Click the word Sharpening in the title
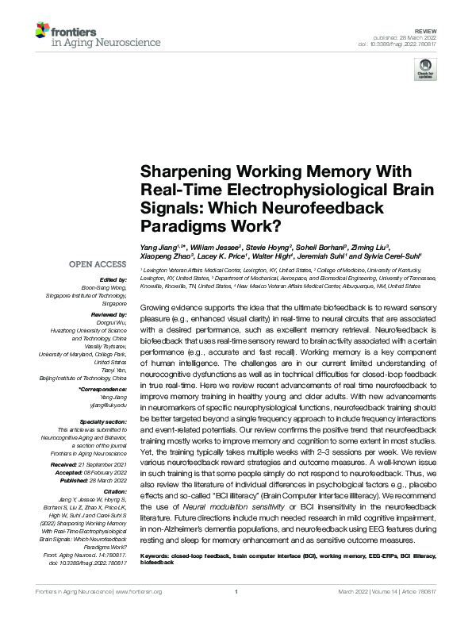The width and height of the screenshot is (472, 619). [179, 171]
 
